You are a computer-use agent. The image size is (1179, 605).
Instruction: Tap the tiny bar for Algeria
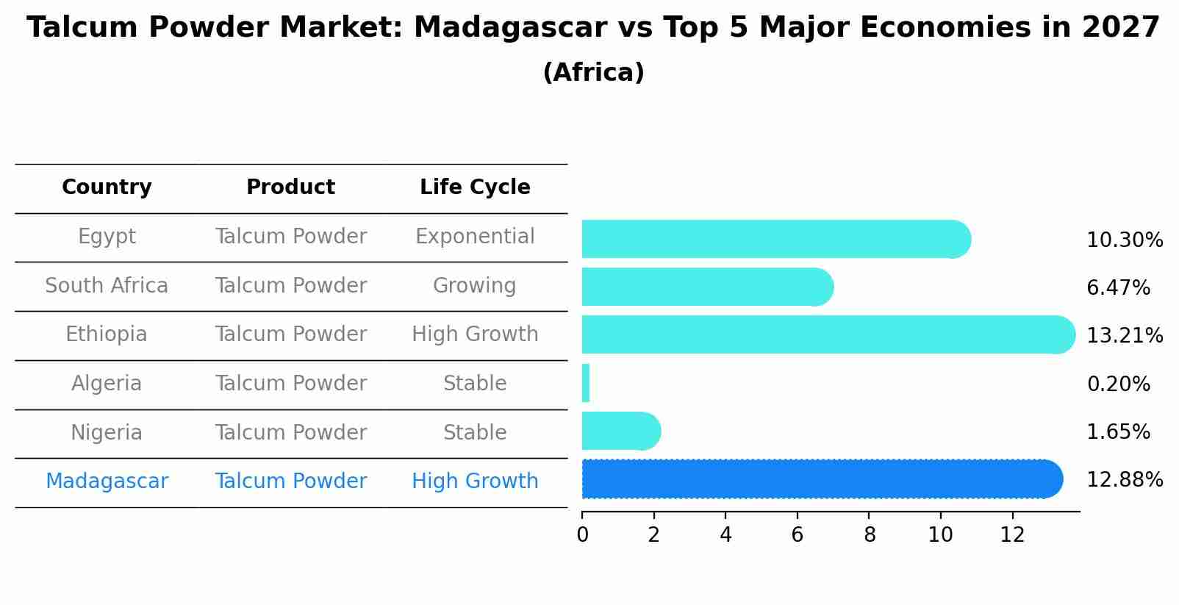(x=586, y=383)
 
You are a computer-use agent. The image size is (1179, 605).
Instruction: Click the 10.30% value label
(x=1124, y=240)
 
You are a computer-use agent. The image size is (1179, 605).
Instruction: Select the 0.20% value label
(x=1118, y=384)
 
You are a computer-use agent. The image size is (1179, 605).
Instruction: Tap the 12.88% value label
(x=1124, y=480)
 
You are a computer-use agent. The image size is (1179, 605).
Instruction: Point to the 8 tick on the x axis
(x=870, y=535)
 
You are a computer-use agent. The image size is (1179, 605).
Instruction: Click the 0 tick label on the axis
(x=582, y=535)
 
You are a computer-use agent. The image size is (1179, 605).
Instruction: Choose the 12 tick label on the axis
(x=1012, y=535)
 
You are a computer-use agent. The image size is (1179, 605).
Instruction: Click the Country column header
(x=107, y=187)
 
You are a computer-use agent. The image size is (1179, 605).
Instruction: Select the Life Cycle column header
(x=475, y=187)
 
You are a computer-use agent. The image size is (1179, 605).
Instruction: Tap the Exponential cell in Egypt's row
(x=475, y=237)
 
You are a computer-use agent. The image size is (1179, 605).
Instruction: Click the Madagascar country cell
(x=107, y=482)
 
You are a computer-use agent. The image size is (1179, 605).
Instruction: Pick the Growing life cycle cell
(x=475, y=286)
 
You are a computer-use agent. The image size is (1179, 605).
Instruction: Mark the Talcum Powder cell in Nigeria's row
(x=290, y=433)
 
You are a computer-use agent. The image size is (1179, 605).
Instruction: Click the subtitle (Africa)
(x=593, y=73)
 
